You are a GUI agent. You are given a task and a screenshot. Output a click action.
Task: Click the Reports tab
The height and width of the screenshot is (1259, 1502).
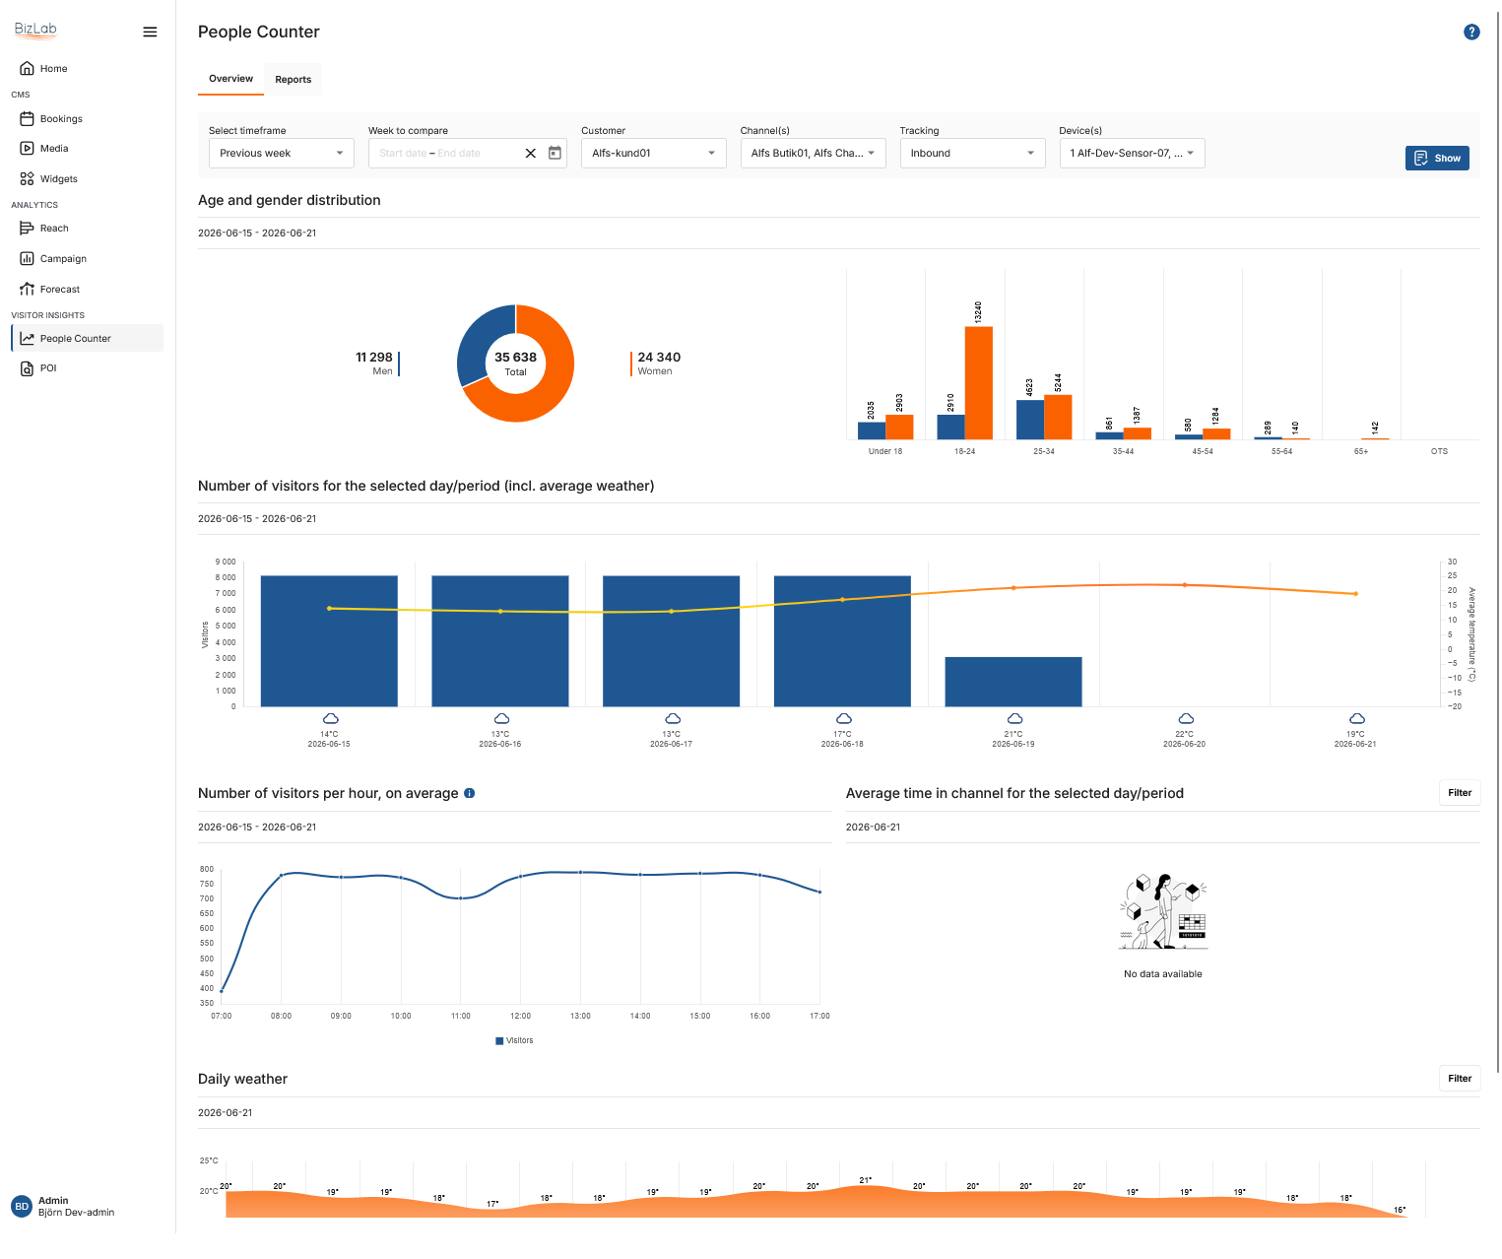pos(293,79)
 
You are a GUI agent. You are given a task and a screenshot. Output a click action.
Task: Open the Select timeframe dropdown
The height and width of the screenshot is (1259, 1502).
pos(281,154)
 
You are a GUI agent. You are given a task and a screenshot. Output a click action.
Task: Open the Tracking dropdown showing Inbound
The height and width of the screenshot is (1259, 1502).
pos(972,154)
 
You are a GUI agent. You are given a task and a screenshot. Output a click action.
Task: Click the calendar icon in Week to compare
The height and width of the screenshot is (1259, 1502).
pos(555,153)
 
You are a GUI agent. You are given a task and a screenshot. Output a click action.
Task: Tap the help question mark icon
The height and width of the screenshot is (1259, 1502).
pos(1471,32)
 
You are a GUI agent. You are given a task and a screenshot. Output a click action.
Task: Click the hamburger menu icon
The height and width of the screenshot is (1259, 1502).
pos(150,32)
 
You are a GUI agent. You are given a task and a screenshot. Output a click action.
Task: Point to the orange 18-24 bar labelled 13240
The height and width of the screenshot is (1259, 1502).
pos(978,383)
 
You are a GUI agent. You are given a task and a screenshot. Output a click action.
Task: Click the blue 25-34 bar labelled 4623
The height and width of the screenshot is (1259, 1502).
pos(1029,420)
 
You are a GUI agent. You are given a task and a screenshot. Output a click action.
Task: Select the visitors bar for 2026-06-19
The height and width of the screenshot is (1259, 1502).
pos(1012,682)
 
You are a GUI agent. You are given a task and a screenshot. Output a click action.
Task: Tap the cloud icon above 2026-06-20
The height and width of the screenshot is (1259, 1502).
pos(1186,719)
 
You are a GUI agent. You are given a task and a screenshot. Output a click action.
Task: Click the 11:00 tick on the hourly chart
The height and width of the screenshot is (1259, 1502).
pos(460,1016)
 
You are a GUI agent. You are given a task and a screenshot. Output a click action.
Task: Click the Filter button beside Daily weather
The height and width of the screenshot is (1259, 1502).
pos(1459,1079)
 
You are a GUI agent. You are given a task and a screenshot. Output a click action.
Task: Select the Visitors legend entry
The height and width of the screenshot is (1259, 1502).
pos(514,1040)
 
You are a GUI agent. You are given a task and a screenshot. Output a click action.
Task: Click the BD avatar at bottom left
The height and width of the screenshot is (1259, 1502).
pos(22,1207)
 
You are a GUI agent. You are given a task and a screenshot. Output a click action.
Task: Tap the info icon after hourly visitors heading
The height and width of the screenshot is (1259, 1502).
pos(469,793)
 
